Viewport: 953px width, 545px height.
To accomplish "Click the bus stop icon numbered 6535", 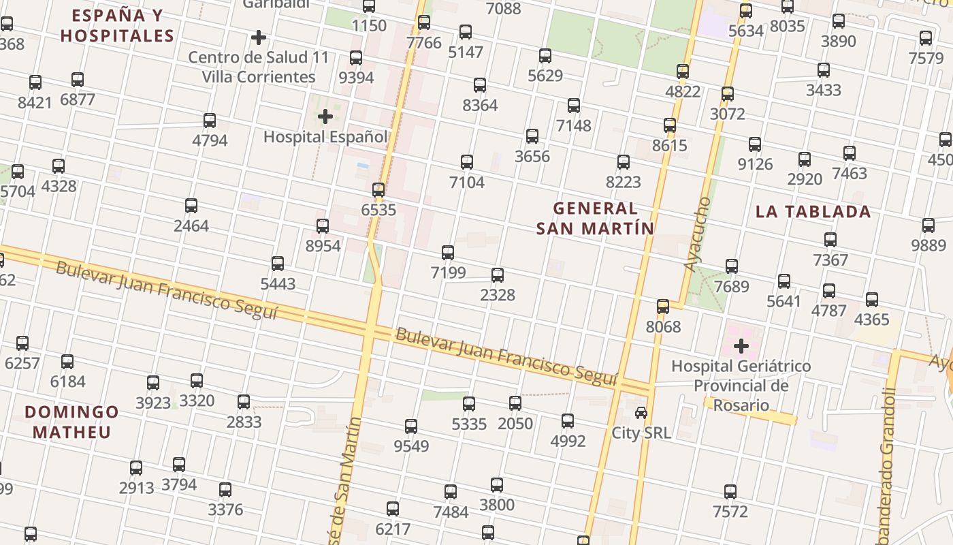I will point(378,190).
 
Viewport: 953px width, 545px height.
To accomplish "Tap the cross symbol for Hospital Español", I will point(325,116).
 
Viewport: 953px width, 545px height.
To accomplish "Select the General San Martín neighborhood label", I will point(595,218).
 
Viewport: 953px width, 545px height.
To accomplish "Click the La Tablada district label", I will point(813,211).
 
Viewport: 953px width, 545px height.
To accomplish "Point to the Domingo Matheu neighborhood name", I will point(71,422).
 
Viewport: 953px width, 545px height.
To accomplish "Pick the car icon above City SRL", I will point(641,413).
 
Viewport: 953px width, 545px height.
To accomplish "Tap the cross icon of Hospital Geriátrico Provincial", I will point(741,346).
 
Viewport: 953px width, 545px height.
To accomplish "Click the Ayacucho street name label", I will point(698,234).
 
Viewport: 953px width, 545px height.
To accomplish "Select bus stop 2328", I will point(498,275).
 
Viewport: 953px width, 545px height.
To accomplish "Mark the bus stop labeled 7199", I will point(448,253).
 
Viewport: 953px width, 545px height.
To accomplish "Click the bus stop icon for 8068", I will point(663,307).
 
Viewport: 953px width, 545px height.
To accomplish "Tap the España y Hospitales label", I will point(117,25).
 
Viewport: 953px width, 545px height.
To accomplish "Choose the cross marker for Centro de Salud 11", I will point(259,37).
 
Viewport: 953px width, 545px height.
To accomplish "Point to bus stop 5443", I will point(278,264).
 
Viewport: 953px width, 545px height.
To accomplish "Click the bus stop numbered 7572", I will point(730,492).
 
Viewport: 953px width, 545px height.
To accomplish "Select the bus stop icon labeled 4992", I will point(568,421).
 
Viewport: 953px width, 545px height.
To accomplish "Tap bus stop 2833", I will point(244,402).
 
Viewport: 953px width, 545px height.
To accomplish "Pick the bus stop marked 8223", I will point(624,162).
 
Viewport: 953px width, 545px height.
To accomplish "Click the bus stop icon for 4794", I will point(210,121).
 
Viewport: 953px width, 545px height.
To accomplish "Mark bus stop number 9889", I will point(928,225).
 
